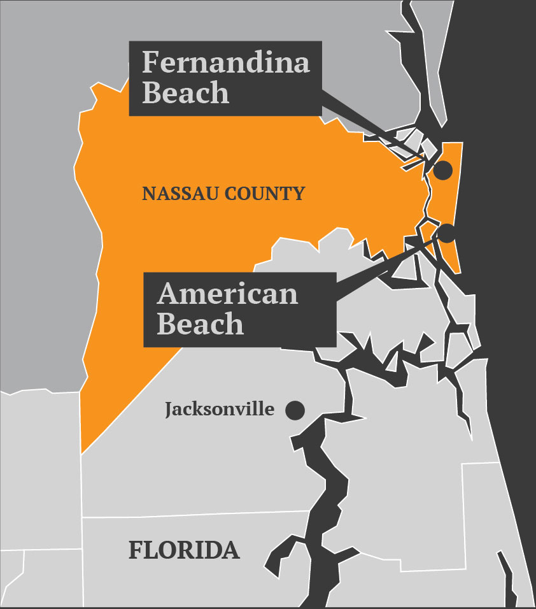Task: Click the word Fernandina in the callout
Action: [225, 62]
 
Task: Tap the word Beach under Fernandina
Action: [185, 92]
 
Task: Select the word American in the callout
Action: [227, 294]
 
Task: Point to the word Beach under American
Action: [200, 324]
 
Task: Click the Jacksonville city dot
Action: [294, 410]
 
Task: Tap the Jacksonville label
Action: [220, 409]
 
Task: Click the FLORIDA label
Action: [184, 550]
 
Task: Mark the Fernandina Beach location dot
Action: [442, 170]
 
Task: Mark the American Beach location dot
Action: [446, 233]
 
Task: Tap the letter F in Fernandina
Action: [150, 62]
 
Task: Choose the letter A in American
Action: [169, 294]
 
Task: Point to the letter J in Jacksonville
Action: [169, 410]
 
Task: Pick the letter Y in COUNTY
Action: [299, 194]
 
